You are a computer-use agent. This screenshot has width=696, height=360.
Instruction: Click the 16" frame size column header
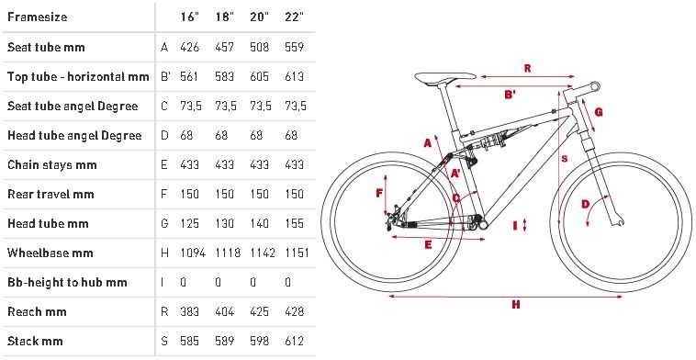189,17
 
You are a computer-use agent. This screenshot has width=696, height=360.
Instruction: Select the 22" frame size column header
295,17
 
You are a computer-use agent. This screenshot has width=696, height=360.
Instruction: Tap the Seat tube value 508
259,47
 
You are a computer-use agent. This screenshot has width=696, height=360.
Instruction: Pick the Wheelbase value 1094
193,253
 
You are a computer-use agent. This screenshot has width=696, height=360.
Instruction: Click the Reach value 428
295,311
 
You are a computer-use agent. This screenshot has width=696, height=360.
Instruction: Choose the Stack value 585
189,341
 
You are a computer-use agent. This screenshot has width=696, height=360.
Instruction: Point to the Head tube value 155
295,223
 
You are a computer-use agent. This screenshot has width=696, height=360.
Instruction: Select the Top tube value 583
224,76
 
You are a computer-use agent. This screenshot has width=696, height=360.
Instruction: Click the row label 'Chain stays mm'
52,164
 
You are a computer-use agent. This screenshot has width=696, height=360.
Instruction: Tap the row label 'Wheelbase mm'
51,253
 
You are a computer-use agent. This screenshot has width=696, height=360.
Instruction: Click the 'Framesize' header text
38,17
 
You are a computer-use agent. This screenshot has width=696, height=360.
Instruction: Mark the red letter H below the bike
515,305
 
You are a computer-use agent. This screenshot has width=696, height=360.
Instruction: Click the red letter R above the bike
527,68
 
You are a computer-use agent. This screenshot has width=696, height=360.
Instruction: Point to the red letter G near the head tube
599,112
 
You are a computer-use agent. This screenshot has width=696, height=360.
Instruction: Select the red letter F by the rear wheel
379,193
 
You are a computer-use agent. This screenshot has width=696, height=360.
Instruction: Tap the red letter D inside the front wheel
586,204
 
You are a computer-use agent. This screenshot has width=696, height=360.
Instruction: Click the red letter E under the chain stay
428,245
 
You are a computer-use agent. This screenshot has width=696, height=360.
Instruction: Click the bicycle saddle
444,79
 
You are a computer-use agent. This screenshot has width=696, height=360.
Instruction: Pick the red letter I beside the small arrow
515,226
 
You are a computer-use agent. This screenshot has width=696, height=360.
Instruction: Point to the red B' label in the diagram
511,95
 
